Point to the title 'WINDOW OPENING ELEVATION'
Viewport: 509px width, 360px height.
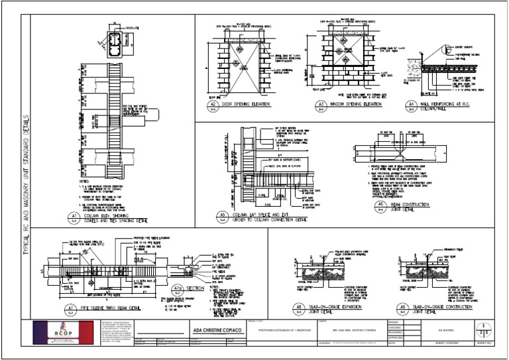point(359,105)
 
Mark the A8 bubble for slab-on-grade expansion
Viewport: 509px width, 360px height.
point(300,307)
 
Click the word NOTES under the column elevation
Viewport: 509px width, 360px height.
point(83,180)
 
